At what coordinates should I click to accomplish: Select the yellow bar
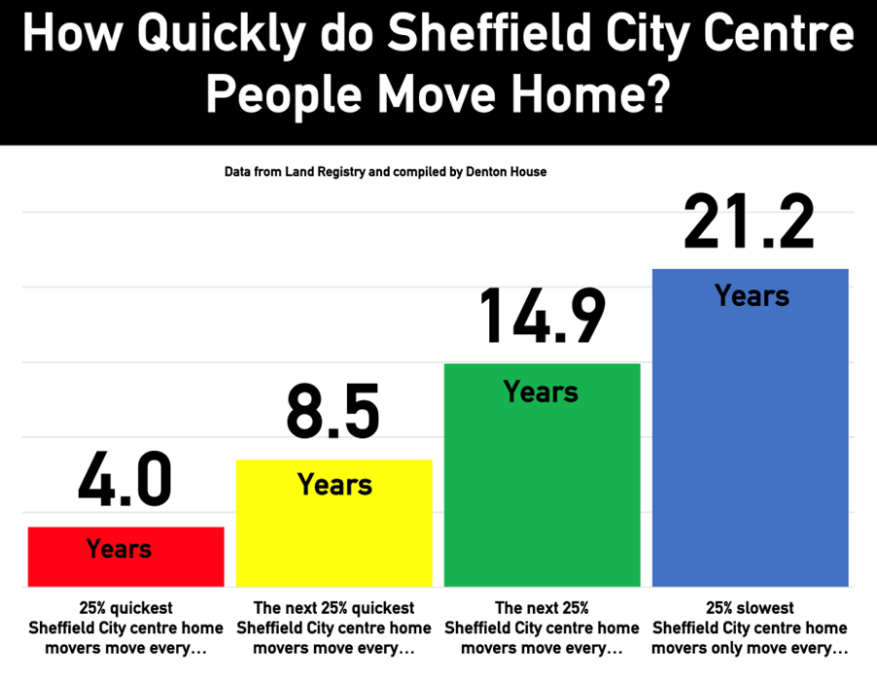(x=334, y=534)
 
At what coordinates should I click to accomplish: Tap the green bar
(x=542, y=486)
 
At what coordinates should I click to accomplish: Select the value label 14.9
(x=542, y=316)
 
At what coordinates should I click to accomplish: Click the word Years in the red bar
(x=120, y=548)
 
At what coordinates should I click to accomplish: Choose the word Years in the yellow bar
(x=334, y=484)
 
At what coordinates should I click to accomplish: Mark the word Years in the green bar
(x=541, y=391)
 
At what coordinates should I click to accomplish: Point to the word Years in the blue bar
(x=752, y=295)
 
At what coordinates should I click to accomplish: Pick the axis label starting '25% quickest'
(x=126, y=628)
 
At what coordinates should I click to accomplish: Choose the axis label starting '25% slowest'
(x=750, y=628)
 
